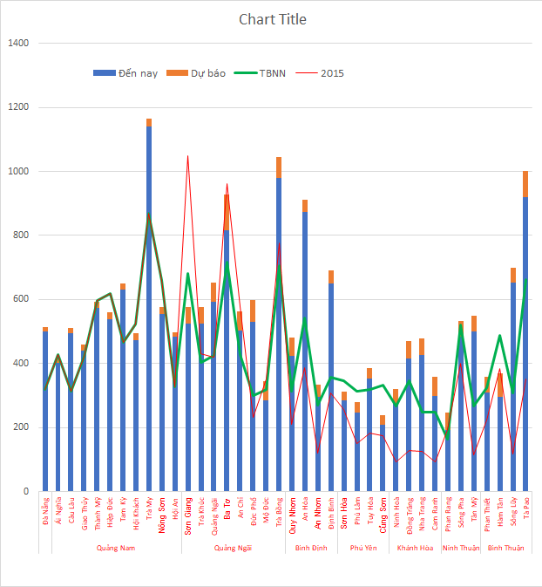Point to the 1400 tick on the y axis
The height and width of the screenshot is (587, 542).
click(18, 44)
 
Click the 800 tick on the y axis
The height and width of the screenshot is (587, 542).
click(21, 235)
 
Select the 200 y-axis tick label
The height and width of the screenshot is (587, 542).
click(21, 427)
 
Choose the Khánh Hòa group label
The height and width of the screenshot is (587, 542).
click(415, 548)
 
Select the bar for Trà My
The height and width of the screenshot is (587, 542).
click(149, 305)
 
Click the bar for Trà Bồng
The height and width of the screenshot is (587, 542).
click(279, 331)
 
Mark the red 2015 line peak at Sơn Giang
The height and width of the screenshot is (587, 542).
click(187, 157)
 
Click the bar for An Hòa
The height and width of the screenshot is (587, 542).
click(305, 349)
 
